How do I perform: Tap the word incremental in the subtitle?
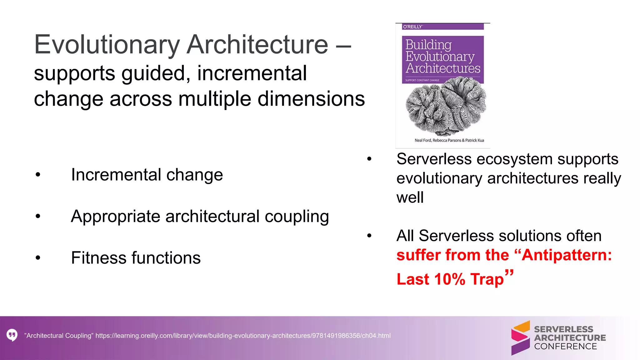pyautogui.click(x=252, y=73)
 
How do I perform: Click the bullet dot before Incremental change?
pyautogui.click(x=38, y=175)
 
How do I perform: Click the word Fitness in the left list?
pyautogui.click(x=98, y=258)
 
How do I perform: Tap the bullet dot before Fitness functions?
pyautogui.click(x=38, y=258)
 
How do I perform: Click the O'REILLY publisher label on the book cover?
pyautogui.click(x=412, y=27)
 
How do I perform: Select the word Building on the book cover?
pyautogui.click(x=428, y=45)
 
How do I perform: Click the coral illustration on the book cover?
pyautogui.click(x=445, y=106)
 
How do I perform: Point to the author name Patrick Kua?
pyautogui.click(x=474, y=140)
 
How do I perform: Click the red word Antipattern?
pyautogui.click(x=566, y=255)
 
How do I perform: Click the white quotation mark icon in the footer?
pyautogui.click(x=12, y=335)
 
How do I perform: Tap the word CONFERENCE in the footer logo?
pyautogui.click(x=565, y=346)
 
